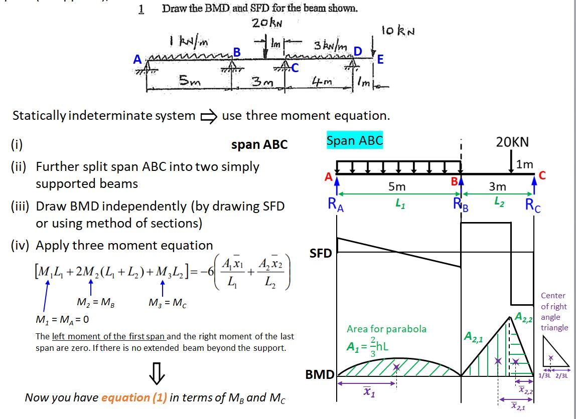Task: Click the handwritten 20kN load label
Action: (267, 23)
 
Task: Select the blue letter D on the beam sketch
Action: (358, 52)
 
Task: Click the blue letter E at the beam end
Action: (380, 59)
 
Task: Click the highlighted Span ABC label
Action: (354, 141)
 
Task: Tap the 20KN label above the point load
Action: (512, 142)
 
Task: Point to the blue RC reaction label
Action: (533, 205)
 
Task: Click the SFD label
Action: (321, 253)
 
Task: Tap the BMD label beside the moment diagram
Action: (321, 374)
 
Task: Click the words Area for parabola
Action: (386, 329)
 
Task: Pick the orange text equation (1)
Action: (134, 397)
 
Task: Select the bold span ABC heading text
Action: (259, 145)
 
